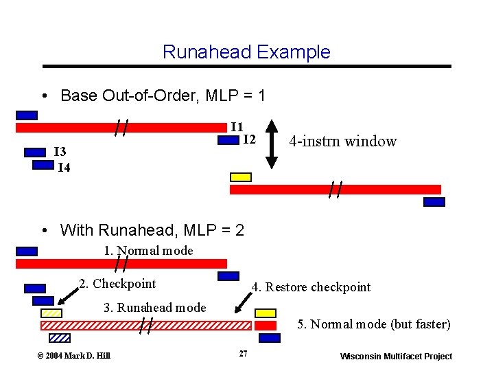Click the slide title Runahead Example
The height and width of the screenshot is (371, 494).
coord(246,52)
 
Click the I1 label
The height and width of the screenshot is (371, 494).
coord(236,126)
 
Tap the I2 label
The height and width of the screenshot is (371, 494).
coord(249,139)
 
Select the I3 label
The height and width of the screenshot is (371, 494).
coord(60,152)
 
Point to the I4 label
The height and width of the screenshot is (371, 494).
coord(63,167)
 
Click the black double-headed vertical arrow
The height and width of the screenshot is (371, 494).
coord(272,143)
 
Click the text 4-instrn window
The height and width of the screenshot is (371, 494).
coord(342,142)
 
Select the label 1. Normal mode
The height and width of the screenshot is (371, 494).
coord(148,251)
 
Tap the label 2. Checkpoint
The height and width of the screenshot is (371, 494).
coord(117,284)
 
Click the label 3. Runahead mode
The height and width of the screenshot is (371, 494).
coord(154,308)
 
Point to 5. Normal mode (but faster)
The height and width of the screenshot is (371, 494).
coord(373,324)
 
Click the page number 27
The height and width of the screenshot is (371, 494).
coord(242,354)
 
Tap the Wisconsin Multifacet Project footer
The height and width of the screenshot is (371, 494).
coord(396,356)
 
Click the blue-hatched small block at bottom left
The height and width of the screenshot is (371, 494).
coord(60,337)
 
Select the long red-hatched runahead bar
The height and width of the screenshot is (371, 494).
coord(158,325)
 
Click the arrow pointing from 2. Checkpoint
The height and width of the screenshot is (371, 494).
coord(67,296)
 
